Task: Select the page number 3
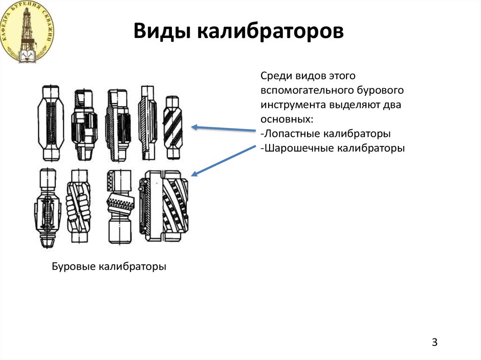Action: coord(434,342)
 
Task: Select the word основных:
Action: coord(286,119)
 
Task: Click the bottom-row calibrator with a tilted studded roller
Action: coord(119,207)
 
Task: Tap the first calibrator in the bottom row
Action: coord(48,207)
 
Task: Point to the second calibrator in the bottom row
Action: coord(78,207)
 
